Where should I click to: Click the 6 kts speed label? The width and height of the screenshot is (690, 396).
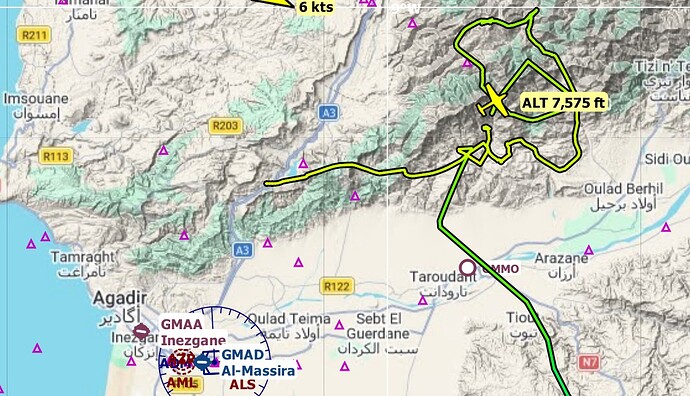(316, 6)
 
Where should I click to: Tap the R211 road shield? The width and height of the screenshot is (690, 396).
(35, 35)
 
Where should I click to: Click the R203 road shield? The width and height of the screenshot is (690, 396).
(225, 125)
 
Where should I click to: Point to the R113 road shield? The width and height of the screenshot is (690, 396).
(56, 156)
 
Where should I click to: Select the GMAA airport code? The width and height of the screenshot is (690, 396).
(181, 324)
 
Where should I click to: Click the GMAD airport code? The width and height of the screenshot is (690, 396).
(243, 355)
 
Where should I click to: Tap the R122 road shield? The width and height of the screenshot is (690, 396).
(337, 286)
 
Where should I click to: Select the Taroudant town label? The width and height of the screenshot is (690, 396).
(438, 276)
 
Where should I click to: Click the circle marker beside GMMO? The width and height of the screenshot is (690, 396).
(467, 266)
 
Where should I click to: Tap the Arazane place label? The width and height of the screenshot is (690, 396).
(562, 257)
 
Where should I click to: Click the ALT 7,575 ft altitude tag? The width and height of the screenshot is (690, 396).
(564, 102)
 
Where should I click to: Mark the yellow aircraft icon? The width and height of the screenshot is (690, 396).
(495, 101)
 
